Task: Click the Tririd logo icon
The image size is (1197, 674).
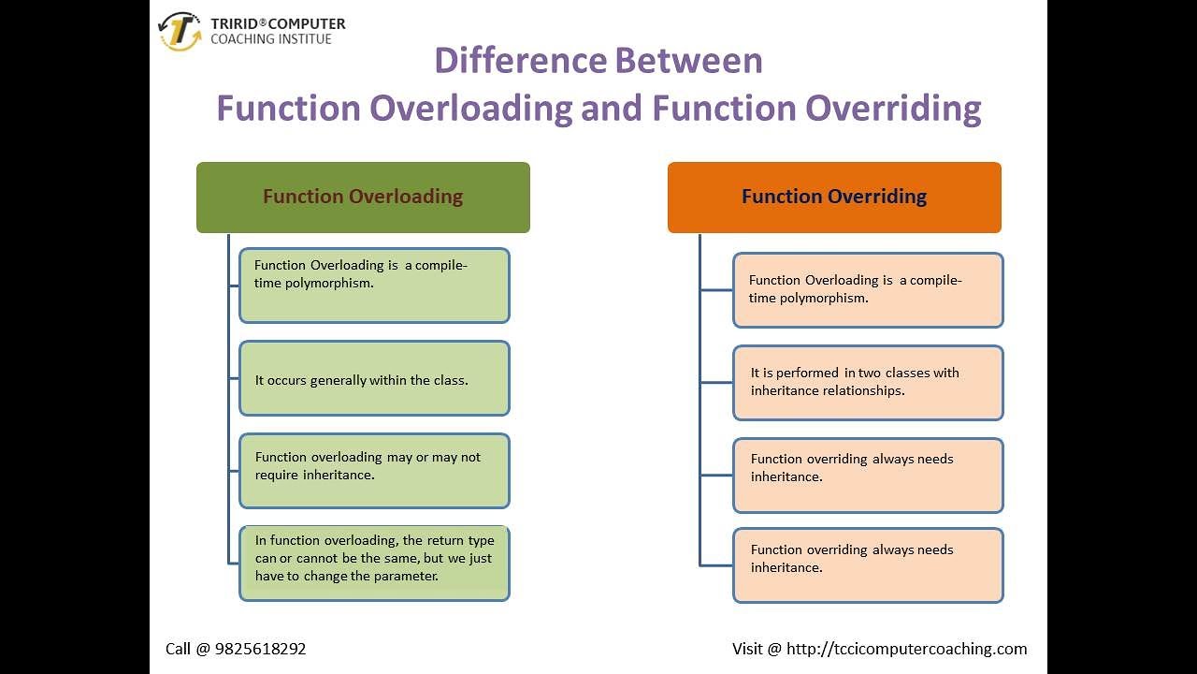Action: coord(180,31)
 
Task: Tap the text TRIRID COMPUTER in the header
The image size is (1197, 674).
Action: coord(278,23)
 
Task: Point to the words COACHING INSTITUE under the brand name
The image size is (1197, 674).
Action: coord(271,39)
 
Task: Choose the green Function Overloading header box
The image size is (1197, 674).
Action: coord(363,197)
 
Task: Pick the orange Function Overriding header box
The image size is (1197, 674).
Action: coord(834,197)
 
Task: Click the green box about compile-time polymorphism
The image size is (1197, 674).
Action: coord(374,285)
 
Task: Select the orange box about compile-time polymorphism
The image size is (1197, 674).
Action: coord(868,289)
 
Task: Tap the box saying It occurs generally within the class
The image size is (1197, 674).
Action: coord(374,378)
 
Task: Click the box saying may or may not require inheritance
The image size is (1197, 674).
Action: coord(374,470)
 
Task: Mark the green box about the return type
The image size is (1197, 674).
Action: coord(374,563)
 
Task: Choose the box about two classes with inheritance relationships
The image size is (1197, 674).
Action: coord(868,382)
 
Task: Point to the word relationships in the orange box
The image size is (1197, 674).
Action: coord(863,390)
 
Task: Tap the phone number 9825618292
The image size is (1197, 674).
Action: coord(260,649)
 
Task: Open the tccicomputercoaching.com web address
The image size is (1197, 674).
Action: coord(906,649)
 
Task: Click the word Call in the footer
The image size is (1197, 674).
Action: coord(180,649)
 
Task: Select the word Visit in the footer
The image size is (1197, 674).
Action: coord(747,649)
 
